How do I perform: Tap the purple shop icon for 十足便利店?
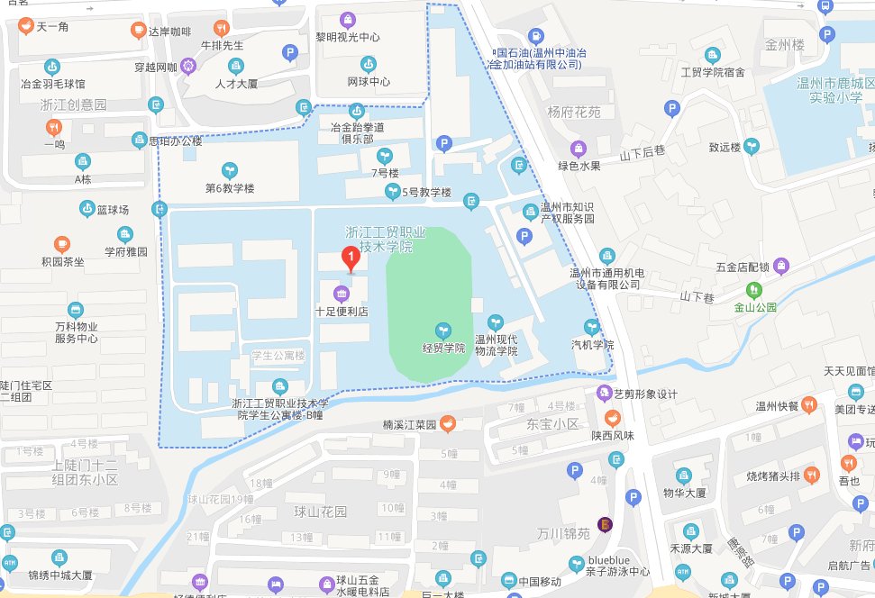tap(342, 293)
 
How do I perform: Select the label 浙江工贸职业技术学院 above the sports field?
tap(379, 239)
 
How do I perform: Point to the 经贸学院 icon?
tap(442, 331)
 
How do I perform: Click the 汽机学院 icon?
tap(592, 327)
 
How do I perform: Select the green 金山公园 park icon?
tap(754, 290)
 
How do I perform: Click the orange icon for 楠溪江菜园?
tap(448, 423)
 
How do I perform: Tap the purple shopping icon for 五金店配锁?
tap(780, 266)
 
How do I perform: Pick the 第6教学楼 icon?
tap(231, 170)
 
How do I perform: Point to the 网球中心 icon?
tap(368, 64)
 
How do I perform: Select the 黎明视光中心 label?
tap(347, 37)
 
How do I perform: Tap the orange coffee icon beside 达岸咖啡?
tap(138, 31)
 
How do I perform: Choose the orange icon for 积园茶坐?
tap(62, 243)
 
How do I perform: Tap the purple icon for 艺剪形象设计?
tap(603, 394)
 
